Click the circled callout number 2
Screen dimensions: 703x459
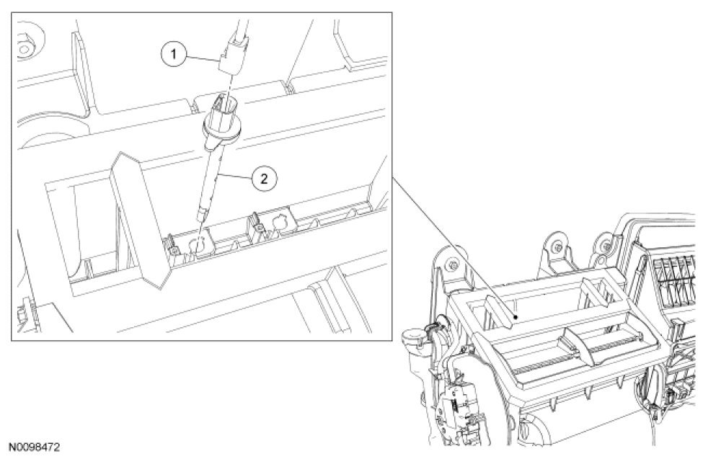click(264, 179)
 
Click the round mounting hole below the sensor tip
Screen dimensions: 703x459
click(197, 246)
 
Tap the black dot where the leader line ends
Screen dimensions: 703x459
click(516, 316)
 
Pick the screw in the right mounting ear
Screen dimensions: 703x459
click(606, 246)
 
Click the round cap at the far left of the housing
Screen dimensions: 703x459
click(412, 337)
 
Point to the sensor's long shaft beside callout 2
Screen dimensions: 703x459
click(211, 176)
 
